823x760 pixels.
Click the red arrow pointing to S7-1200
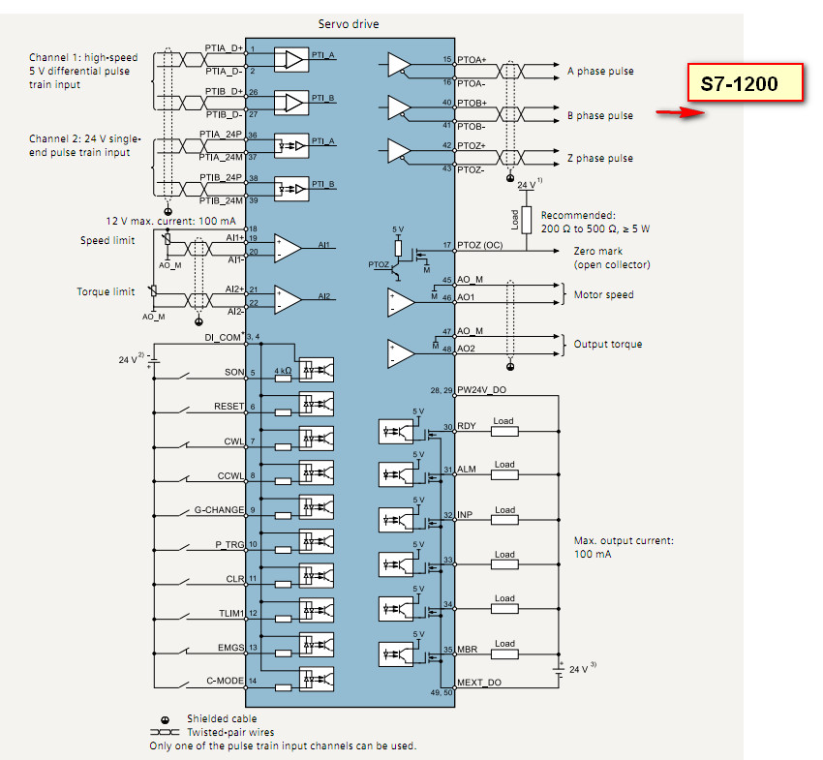[x=679, y=112]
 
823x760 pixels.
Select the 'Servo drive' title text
[x=349, y=23]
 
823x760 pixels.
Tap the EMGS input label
[x=229, y=647]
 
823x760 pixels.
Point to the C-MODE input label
[x=223, y=681]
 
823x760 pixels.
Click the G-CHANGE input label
[x=218, y=509]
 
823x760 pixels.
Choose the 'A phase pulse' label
[x=599, y=72]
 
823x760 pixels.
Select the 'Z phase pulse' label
[x=599, y=158]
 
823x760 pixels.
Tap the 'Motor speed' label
[x=603, y=294]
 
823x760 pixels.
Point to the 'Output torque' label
[x=607, y=344]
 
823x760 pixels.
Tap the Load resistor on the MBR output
[x=503, y=650]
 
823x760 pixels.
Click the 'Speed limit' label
[x=107, y=240]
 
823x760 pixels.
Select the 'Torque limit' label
[x=106, y=291]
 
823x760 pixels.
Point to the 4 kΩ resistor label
[x=282, y=371]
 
